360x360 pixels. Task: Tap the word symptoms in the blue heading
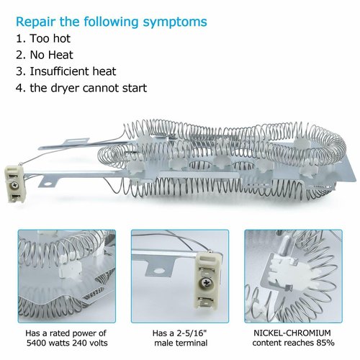[175, 22]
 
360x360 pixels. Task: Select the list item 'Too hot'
[50, 38]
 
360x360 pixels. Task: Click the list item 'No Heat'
[51, 55]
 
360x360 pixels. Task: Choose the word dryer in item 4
[66, 88]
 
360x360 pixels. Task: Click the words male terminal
[181, 343]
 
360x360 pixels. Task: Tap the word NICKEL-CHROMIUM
[292, 333]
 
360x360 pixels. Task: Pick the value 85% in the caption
[325, 343]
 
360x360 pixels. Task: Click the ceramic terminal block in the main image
[14, 184]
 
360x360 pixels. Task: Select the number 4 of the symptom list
[19, 88]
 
